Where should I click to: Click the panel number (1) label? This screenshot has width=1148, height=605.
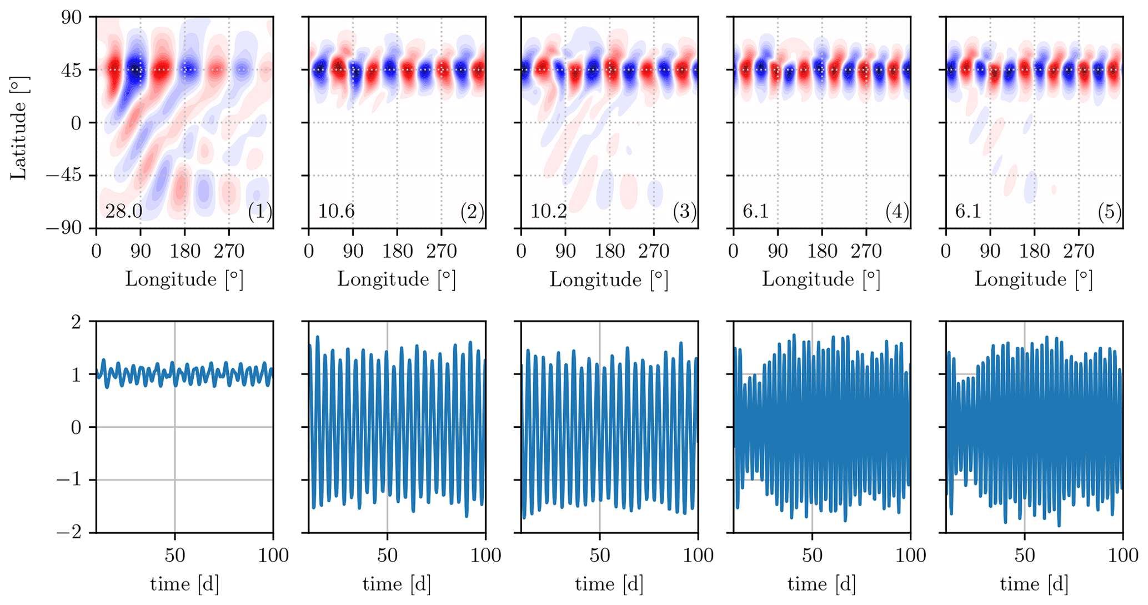click(x=260, y=212)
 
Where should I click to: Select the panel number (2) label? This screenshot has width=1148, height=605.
click(x=472, y=212)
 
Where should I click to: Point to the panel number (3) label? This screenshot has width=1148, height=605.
click(x=685, y=212)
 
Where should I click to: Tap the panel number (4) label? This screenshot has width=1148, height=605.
click(x=897, y=212)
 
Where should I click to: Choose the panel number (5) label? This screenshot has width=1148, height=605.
click(x=1110, y=212)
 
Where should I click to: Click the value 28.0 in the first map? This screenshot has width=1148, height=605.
click(x=123, y=212)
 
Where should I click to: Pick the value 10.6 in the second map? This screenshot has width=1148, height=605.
click(x=336, y=212)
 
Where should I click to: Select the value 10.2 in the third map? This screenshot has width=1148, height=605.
click(x=549, y=212)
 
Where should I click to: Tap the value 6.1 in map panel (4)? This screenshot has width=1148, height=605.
click(x=755, y=212)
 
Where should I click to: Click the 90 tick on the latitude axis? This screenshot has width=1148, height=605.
click(x=71, y=17)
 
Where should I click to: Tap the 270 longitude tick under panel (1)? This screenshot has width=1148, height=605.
click(x=229, y=252)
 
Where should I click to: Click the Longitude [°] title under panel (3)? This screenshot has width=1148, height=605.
click(x=609, y=279)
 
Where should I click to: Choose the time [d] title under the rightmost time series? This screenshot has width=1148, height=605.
click(x=1034, y=584)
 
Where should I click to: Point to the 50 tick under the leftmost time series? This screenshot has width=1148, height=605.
click(x=175, y=556)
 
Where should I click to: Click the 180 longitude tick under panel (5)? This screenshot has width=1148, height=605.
click(x=1034, y=252)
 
